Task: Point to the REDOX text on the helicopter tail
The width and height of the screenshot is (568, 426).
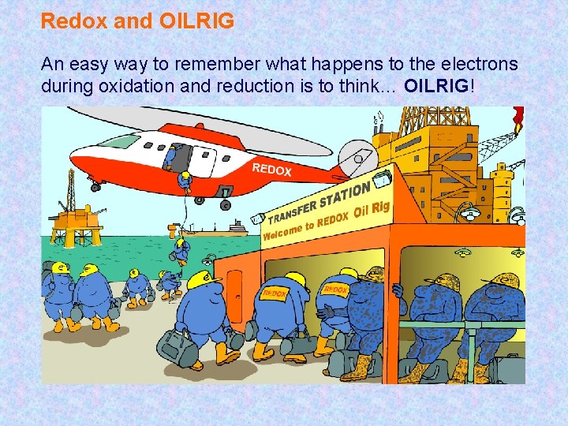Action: [272, 169]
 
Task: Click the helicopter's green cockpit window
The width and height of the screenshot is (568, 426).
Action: [119, 142]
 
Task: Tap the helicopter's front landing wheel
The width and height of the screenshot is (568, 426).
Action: [95, 187]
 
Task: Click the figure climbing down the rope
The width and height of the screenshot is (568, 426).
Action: [182, 249]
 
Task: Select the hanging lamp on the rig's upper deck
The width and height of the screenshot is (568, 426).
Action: [468, 211]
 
